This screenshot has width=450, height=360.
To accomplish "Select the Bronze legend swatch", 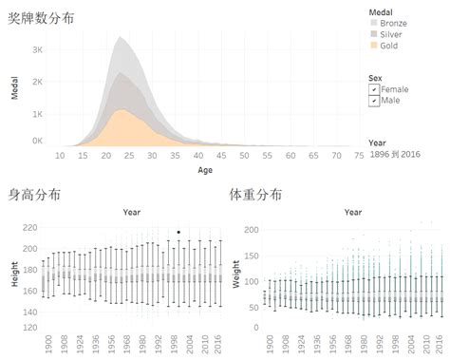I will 374,22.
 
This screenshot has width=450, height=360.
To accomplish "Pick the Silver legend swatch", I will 374,33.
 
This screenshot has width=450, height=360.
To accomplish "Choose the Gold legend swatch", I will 374,45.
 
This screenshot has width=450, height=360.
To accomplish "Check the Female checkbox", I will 374,88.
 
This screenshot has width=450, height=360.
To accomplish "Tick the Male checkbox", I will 374,100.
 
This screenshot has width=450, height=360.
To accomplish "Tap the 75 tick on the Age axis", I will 358,155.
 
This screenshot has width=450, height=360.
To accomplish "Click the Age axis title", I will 205,171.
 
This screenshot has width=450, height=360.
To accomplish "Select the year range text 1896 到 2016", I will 395,154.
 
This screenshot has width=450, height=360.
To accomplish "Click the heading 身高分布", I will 34,195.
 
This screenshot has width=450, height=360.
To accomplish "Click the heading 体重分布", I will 255,195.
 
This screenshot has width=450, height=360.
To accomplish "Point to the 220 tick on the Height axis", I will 30,228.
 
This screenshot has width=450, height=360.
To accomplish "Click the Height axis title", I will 13,275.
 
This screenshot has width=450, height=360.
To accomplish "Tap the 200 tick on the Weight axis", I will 252,230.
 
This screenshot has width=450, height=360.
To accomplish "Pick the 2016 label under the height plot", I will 220,341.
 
